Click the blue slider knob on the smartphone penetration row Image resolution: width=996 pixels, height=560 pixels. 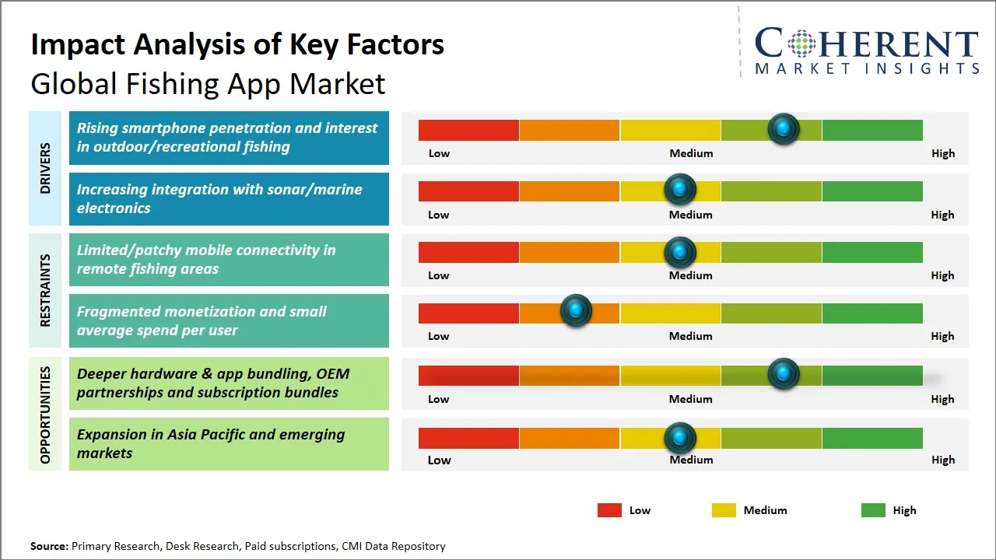tap(784, 128)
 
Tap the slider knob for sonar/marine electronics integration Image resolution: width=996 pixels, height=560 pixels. tap(680, 189)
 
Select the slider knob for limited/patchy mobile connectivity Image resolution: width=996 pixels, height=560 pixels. tap(680, 251)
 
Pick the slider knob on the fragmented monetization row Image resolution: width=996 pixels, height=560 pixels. tap(577, 311)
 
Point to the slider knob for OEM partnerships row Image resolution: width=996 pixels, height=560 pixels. tap(784, 373)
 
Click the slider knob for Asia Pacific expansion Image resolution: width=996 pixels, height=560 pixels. tap(680, 438)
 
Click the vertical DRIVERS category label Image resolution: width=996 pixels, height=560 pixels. tap(45, 168)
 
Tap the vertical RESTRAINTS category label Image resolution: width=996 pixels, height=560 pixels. tap(45, 290)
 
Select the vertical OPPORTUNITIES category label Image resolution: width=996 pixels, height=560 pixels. tap(45, 415)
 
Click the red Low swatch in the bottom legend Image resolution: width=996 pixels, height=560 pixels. tap(609, 510)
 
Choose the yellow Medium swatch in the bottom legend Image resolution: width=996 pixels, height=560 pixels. tap(724, 510)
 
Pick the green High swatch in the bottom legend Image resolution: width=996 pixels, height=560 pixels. tap(873, 510)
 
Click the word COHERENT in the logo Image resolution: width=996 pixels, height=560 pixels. tap(867, 44)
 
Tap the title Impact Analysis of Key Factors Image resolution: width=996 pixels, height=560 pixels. tap(237, 44)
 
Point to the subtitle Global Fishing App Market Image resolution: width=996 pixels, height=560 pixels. tap(208, 83)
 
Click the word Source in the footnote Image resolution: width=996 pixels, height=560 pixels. tap(48, 546)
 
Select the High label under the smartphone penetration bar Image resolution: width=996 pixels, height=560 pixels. tap(943, 153)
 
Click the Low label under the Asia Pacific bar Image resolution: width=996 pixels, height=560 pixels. tap(439, 460)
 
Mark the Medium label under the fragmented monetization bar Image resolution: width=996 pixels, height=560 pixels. tap(691, 336)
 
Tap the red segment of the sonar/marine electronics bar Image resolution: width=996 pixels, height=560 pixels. tap(468, 191)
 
